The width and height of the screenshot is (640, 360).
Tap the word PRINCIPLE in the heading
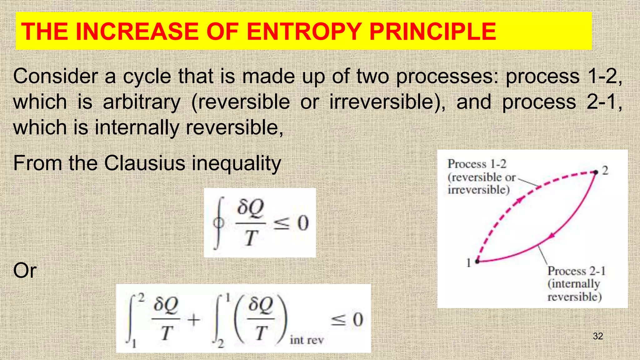pos(432,32)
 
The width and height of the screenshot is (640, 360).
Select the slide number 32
pos(598,336)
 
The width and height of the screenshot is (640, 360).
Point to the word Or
pos(25,271)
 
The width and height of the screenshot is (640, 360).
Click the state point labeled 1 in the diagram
pos(477,261)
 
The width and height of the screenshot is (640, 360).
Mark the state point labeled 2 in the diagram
pos(596,172)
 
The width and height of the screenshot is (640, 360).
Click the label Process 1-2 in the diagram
pos(477,164)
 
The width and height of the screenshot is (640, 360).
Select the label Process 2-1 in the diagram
pos(576,271)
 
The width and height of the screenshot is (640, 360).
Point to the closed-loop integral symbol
pos(219,223)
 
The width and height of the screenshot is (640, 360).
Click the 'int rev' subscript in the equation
pos(307,340)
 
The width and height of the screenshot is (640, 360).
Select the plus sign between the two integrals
pos(194,320)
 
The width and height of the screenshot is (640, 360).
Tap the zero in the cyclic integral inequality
pos(303,223)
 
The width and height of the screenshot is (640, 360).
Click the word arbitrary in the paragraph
pos(142,102)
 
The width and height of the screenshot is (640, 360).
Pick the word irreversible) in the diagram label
pos(478,190)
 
